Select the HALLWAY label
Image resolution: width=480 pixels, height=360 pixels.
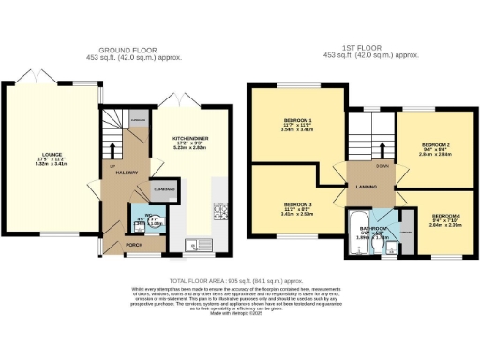coord(127,172)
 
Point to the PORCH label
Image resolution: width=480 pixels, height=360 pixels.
coord(134,245)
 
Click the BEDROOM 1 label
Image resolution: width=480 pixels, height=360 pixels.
coord(297,121)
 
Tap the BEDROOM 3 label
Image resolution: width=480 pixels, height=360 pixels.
coord(296,204)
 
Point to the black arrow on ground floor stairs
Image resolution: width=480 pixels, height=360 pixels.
coord(113,147)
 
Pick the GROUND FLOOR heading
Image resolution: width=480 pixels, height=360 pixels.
coord(126,50)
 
